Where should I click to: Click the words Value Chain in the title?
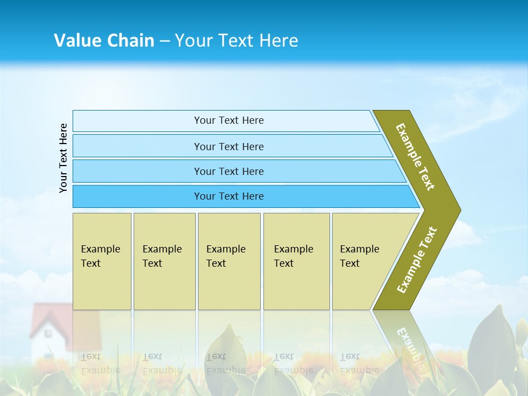point(104,41)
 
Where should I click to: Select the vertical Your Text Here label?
point(63,158)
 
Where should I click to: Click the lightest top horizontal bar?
point(228,120)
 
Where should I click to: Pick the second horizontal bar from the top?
point(228,146)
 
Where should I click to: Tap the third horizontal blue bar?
point(228,171)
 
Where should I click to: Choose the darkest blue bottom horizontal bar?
point(228,196)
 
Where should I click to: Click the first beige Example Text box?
point(102,261)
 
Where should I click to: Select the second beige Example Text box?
point(164,261)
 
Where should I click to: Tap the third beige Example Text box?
point(228,261)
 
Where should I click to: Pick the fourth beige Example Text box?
point(296,261)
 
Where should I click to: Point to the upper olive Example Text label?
point(415,157)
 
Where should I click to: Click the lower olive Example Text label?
point(416,260)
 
